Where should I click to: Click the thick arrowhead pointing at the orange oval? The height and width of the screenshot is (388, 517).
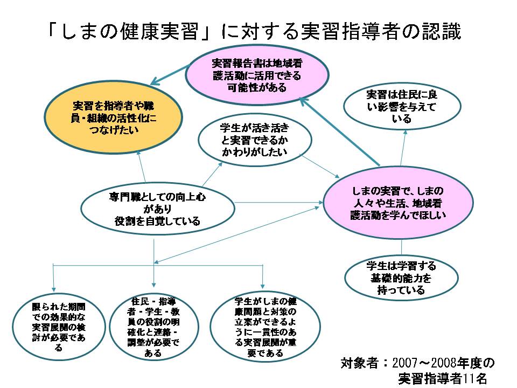pos(155,82)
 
